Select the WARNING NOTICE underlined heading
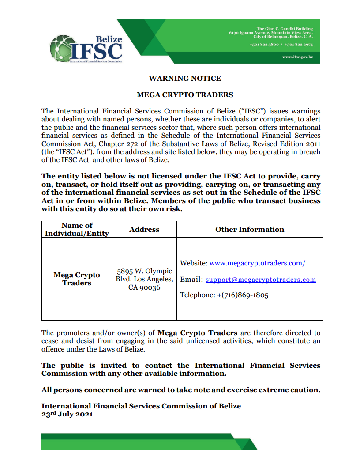coord(184,79)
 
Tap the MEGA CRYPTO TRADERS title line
coord(185,95)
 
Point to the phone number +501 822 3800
coord(264,45)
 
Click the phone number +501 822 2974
coord(299,45)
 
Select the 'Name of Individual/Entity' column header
coord(77,229)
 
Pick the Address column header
coord(144,229)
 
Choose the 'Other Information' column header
coord(250,229)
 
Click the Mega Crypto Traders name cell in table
coord(77,279)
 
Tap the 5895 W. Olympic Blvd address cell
coord(144,279)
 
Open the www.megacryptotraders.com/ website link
coord(257,263)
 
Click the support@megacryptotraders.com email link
coord(261,280)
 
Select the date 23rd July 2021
coord(67,415)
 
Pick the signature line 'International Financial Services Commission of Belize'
coord(141,406)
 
